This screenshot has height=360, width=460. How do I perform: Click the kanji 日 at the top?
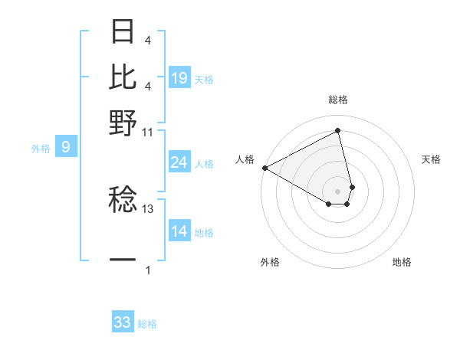coord(123,32)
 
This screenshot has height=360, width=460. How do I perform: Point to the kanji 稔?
coord(123,201)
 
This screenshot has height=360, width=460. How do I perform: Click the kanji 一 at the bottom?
coord(123,260)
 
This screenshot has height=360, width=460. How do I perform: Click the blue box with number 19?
coord(179,77)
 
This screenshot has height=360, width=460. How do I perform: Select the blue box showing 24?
coord(179,162)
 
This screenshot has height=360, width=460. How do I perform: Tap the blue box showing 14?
coord(179,231)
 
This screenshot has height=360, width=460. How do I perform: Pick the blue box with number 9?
coord(66,146)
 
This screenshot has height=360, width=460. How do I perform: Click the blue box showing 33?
coord(123,322)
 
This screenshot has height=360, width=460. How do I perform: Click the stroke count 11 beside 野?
coord(148,132)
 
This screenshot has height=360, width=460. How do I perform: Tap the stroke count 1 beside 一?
coord(148,270)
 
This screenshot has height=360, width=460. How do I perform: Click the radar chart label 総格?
coord(338,100)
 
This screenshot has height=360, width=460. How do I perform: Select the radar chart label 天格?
coord(431,159)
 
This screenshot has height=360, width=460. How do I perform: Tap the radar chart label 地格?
coord(402,262)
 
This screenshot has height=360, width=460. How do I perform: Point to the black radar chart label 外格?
coord(270,262)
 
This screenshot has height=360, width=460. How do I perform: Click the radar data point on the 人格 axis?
coord(264,167)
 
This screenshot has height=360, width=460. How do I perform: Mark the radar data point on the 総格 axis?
coord(338,130)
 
